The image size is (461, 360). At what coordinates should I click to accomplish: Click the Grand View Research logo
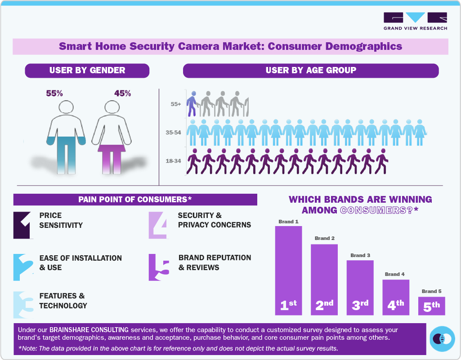click(415, 21)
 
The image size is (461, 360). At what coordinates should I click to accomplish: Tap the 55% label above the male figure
click(54, 93)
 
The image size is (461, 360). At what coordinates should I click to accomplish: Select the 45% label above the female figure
click(123, 93)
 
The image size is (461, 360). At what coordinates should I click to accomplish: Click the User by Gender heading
click(87, 70)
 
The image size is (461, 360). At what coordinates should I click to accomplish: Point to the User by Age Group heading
click(310, 70)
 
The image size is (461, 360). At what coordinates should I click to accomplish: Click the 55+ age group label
click(175, 104)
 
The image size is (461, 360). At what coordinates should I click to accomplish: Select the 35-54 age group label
click(174, 133)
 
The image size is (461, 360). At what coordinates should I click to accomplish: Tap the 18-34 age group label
click(174, 160)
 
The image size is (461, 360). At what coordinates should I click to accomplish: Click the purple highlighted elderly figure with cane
click(192, 104)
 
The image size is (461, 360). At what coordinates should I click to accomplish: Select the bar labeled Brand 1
click(288, 270)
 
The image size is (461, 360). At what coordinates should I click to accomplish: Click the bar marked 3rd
click(360, 288)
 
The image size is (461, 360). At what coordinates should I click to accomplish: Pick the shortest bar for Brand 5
click(431, 306)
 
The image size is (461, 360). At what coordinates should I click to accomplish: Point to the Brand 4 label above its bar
click(395, 274)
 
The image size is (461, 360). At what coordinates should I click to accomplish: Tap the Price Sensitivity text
click(61, 220)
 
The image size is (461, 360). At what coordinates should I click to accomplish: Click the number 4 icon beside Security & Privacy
click(158, 225)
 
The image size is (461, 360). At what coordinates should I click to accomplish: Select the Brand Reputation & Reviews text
click(215, 262)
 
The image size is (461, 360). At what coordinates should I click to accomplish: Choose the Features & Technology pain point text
click(63, 301)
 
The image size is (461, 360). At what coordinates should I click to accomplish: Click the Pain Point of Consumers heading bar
click(135, 200)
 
